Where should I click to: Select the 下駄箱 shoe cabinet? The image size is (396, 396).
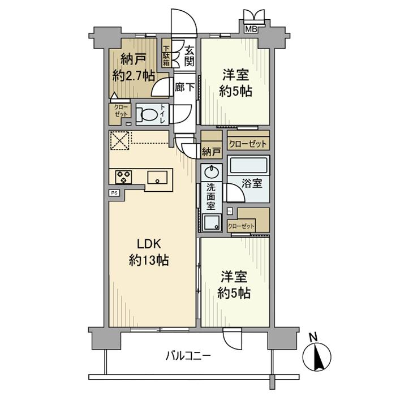tap(167, 55)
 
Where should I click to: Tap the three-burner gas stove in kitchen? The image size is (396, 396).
tap(124, 177)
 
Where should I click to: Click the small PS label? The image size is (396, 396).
tap(114, 193)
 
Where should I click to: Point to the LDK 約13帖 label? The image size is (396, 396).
tap(149, 252)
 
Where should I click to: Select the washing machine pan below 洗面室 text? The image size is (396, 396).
tap(213, 222)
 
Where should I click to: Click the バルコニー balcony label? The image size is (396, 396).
tap(188, 356)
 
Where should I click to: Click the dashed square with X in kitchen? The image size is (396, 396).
tap(119, 141)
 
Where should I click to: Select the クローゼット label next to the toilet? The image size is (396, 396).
tap(122, 111)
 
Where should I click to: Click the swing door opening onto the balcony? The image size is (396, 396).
tap(233, 342)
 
